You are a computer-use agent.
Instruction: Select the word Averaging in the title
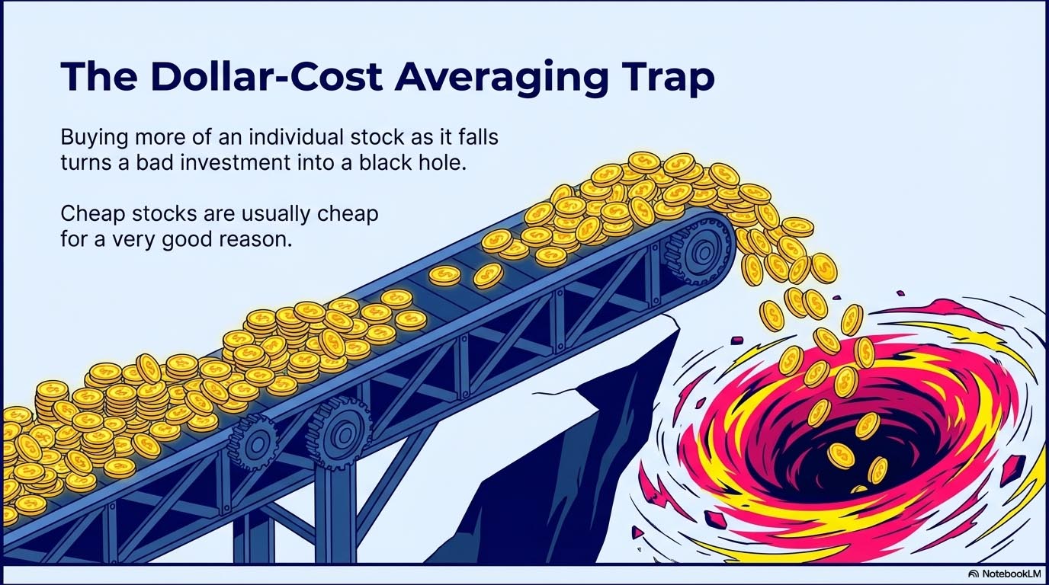point(480,78)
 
